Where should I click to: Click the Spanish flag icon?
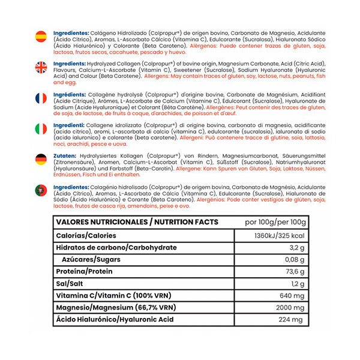click(x=41, y=35)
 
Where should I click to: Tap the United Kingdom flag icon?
click(x=41, y=67)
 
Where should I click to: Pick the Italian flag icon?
click(x=41, y=128)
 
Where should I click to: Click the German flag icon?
click(x=41, y=159)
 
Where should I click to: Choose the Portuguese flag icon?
click(x=41, y=190)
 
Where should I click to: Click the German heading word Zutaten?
click(x=63, y=154)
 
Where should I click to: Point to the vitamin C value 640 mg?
click(x=293, y=296)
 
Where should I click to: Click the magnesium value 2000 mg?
click(x=291, y=308)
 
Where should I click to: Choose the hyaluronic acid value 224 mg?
click(x=293, y=320)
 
